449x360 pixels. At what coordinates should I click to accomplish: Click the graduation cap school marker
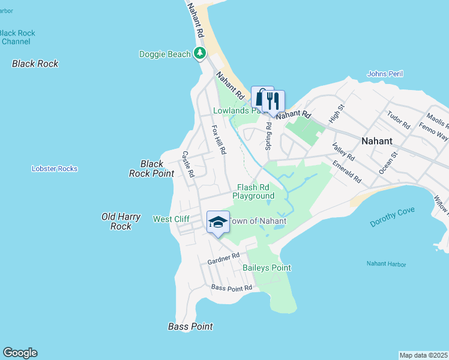click(x=218, y=223)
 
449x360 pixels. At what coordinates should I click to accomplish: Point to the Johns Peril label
click(x=385, y=74)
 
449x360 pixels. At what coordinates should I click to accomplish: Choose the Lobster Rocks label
click(x=55, y=169)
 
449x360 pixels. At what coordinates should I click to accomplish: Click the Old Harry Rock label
click(x=121, y=221)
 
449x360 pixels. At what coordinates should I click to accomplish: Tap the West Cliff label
click(x=172, y=219)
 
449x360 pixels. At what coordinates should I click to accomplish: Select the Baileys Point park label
click(x=267, y=268)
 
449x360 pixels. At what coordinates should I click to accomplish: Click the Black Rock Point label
click(x=151, y=168)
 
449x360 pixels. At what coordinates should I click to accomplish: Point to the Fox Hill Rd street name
click(x=218, y=139)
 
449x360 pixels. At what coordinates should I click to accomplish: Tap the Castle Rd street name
click(x=188, y=164)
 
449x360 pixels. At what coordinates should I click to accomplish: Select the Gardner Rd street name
click(x=223, y=259)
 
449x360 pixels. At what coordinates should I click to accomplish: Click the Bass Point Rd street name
click(x=231, y=288)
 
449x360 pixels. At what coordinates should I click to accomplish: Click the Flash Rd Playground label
click(x=253, y=191)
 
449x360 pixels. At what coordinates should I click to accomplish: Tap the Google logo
click(x=20, y=353)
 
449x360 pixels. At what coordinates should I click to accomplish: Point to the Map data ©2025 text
click(x=423, y=355)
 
